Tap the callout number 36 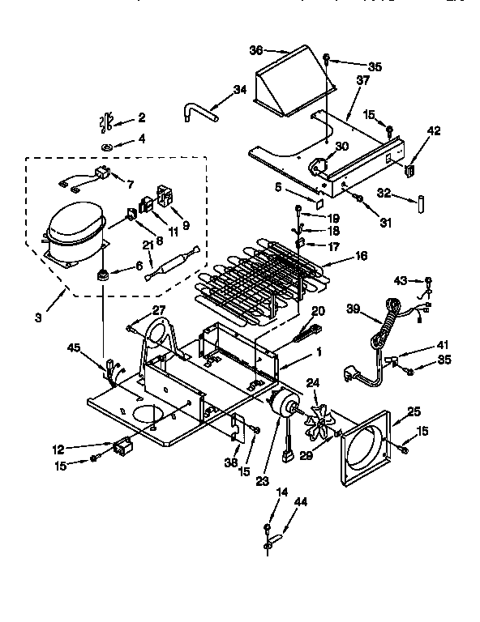point(255,49)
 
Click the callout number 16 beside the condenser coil point(361,255)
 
